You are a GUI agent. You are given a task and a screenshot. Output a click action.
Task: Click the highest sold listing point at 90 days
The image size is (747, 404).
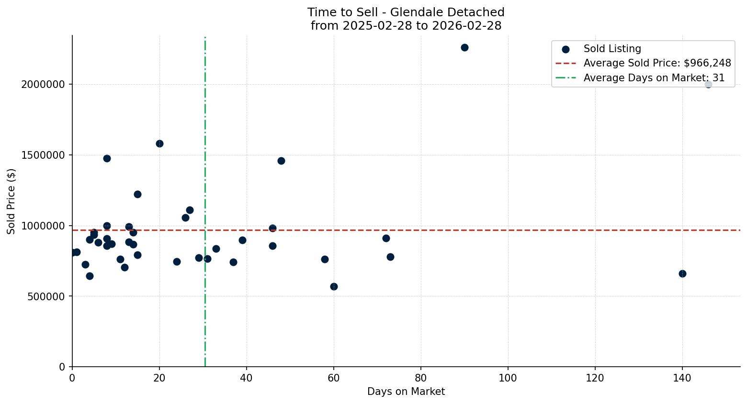coord(464,48)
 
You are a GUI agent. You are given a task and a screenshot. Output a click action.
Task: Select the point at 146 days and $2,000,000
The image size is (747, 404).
coord(708,85)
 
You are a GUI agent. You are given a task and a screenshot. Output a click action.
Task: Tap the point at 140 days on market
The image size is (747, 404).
coord(682,273)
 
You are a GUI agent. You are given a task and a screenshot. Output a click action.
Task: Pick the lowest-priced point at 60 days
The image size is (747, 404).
coord(333,286)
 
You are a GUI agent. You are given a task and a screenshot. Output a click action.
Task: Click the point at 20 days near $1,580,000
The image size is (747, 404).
coord(159,143)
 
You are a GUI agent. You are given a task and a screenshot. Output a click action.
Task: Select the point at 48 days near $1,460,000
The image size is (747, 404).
coord(281,161)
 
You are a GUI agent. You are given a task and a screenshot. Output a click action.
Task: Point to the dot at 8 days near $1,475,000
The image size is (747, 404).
coord(107,158)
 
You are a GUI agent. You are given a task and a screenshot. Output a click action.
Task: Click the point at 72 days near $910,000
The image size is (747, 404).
coord(386,238)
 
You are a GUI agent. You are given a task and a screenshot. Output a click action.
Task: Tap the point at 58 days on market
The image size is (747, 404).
coord(325,259)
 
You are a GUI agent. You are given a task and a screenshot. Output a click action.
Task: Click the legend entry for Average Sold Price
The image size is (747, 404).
coord(656,63)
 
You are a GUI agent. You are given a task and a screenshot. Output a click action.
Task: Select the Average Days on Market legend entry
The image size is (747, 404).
coord(654,78)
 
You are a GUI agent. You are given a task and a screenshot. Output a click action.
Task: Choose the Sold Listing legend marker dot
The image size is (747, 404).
coord(566,49)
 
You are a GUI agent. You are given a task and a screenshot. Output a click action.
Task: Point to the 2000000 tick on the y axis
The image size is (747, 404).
coord(43,85)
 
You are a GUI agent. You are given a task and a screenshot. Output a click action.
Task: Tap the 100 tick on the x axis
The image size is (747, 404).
coord(508,378)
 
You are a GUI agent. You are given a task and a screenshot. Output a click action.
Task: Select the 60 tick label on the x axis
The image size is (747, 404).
coord(333,378)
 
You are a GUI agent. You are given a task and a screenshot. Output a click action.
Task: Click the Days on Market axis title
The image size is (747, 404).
coord(406,392)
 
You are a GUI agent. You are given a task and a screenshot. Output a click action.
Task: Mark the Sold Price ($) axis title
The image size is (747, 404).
coord(11,201)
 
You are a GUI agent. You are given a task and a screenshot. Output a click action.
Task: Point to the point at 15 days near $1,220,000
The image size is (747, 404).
coord(137,194)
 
